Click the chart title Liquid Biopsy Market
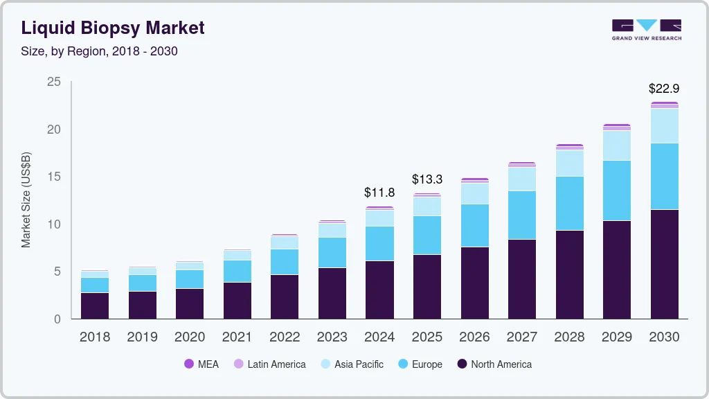coord(113,28)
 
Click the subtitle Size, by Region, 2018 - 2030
coord(100,51)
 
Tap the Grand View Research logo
coord(646,29)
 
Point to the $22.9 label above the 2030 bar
coord(663,89)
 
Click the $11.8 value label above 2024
coord(379,192)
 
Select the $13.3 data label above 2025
coord(427,179)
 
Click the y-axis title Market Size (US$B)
coord(26,199)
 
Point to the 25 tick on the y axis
coord(54,82)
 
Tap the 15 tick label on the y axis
coord(54,177)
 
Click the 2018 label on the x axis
coord(95,337)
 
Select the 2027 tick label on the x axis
coord(521,337)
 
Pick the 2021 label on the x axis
coord(237,337)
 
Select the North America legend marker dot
coord(462,364)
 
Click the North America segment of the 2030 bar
coord(664,264)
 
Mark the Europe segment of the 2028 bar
coord(569,204)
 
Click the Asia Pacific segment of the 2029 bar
coord(616,145)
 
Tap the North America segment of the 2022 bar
coord(285,296)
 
